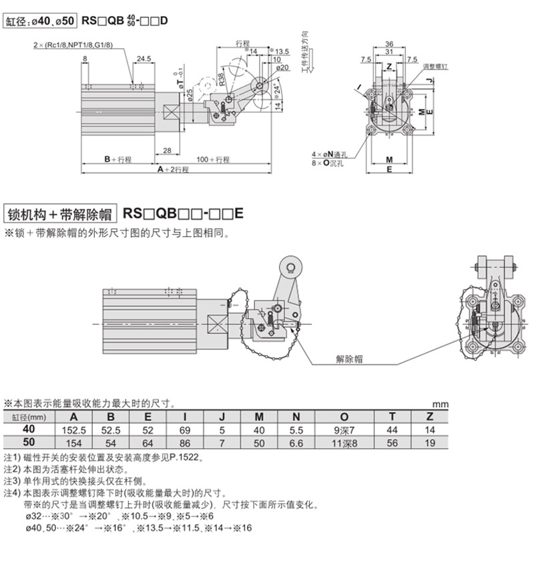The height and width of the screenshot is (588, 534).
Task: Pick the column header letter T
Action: tap(392, 418)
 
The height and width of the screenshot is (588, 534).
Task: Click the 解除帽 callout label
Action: tap(349, 359)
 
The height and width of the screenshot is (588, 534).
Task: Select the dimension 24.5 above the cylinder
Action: tap(143, 59)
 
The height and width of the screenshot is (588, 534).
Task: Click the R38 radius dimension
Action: tap(220, 80)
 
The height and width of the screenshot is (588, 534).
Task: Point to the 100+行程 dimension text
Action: tap(213, 160)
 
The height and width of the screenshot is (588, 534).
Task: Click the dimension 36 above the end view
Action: tap(389, 44)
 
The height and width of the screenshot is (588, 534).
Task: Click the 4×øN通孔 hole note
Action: tap(329, 154)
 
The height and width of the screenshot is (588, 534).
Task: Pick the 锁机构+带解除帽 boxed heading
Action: tap(59, 214)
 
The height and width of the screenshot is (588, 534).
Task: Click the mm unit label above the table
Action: tap(439, 404)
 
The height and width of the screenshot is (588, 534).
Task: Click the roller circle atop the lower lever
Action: tap(290, 268)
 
